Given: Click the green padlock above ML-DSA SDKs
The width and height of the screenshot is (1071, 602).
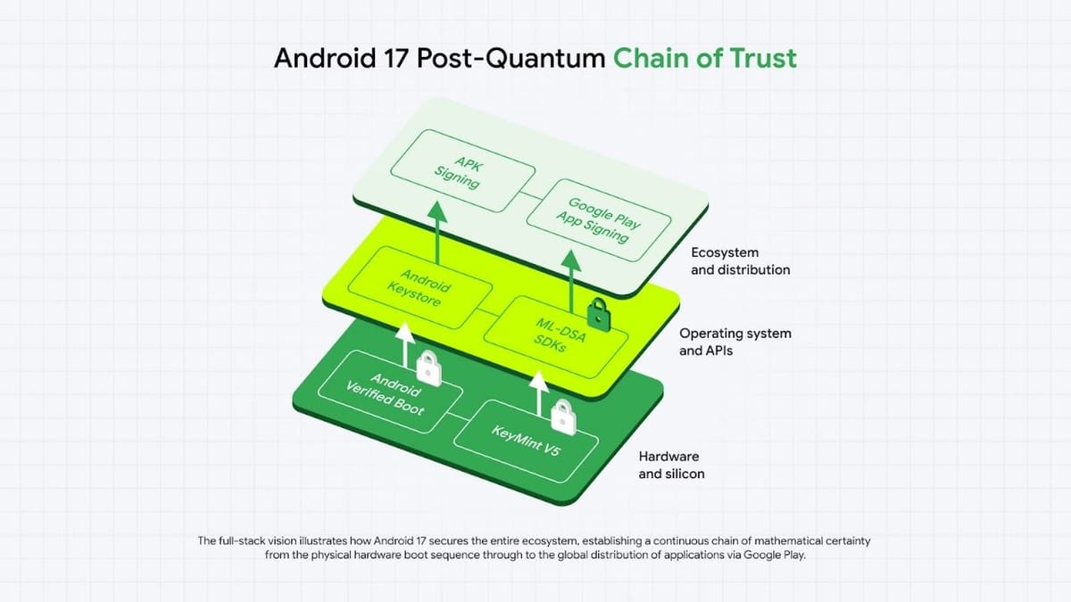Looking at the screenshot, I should (596, 313).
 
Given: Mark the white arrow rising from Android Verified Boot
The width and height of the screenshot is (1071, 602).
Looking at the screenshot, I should (404, 347).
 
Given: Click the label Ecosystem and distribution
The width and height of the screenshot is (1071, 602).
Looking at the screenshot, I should (740, 261).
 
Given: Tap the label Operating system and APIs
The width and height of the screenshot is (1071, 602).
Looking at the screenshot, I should (735, 342).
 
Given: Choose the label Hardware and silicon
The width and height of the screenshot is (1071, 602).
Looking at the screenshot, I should (671, 465).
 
